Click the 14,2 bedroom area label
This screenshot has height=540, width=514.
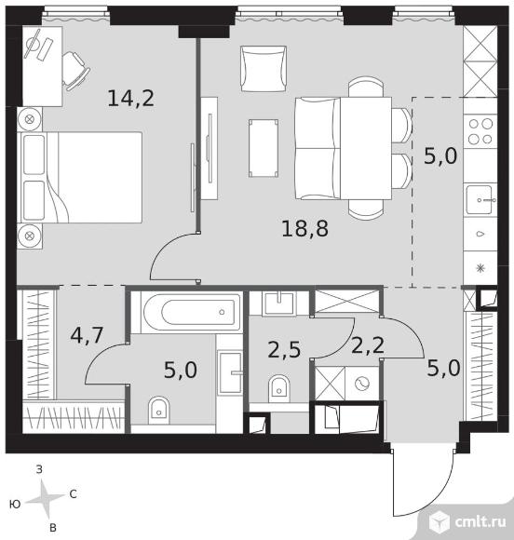click(x=131, y=98)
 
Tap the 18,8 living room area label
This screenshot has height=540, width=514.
click(x=304, y=229)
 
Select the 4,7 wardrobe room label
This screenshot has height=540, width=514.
click(x=87, y=335)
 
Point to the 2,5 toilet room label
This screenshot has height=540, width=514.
click(x=284, y=350)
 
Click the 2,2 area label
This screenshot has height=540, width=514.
click(x=368, y=345)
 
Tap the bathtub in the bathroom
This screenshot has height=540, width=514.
click(x=192, y=312)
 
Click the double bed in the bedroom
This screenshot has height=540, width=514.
click(x=82, y=177)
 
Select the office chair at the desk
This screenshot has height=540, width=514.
click(x=74, y=71)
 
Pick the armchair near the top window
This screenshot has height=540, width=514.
click(x=264, y=69)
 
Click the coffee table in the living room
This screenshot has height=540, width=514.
click(x=264, y=148)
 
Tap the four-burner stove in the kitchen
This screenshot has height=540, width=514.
click(x=480, y=131)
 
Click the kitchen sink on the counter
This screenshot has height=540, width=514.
click(x=480, y=200)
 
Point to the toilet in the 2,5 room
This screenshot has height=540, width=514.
click(x=278, y=388)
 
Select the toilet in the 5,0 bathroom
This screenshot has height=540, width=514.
click(x=159, y=410)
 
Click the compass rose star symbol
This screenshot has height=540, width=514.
click(x=45, y=499)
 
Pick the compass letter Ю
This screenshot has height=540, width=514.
click(x=15, y=505)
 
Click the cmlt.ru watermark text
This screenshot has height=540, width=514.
click(x=480, y=521)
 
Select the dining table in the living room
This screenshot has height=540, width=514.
click(x=366, y=148)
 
